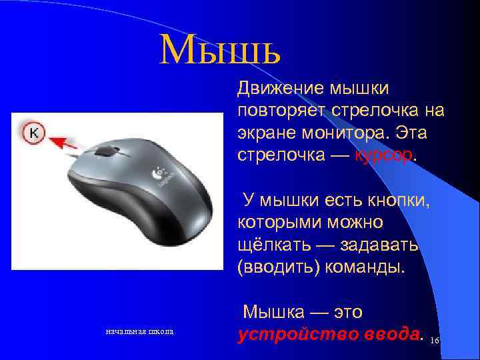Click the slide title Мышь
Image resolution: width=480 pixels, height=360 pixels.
221,48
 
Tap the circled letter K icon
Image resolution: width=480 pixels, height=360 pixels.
33,133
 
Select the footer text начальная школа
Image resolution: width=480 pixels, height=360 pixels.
141,331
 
